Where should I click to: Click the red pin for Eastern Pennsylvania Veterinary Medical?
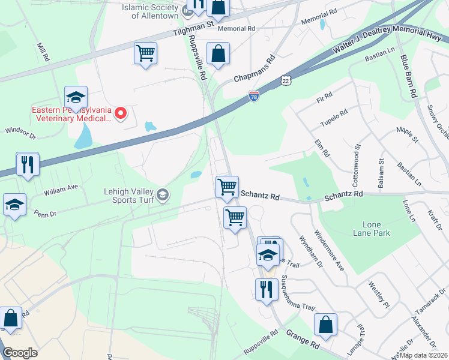tap(121, 113)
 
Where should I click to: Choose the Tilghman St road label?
tap(193, 30)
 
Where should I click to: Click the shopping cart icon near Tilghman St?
tap(146, 54)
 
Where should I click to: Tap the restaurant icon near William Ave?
tap(28, 164)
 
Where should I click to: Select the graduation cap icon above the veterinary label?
tap(76, 97)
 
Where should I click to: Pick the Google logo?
tap(20, 353)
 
